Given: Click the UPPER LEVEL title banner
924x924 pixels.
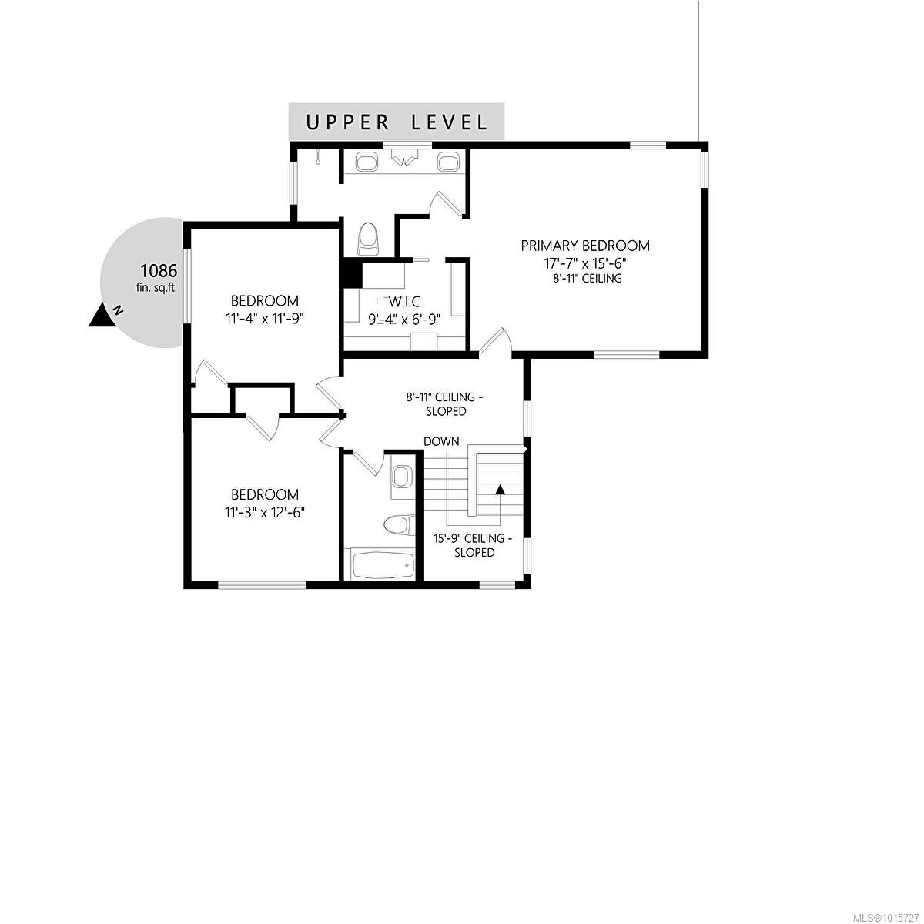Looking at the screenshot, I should (397, 122).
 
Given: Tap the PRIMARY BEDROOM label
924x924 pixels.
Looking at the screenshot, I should (585, 246).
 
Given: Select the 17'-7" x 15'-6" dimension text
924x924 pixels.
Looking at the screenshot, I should (585, 263).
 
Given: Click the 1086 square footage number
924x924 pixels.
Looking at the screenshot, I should (159, 271).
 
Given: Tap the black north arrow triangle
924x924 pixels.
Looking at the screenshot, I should (99, 316).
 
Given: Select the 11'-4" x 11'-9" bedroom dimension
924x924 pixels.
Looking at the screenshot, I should (265, 317).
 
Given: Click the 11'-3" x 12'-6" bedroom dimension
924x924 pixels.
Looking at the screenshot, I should (265, 511).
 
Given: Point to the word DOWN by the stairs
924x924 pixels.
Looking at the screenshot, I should (441, 441).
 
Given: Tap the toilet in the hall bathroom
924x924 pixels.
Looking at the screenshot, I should (395, 524).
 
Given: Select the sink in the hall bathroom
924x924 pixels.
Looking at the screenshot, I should (400, 477).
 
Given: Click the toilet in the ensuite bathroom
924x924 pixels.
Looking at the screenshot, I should (369, 238).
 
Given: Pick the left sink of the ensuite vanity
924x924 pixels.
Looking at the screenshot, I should (366, 162).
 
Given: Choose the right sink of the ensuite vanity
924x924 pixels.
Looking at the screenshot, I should (448, 162).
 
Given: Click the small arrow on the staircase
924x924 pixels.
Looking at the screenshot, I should (500, 489).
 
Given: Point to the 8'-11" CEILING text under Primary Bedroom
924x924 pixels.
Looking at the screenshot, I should (585, 278).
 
